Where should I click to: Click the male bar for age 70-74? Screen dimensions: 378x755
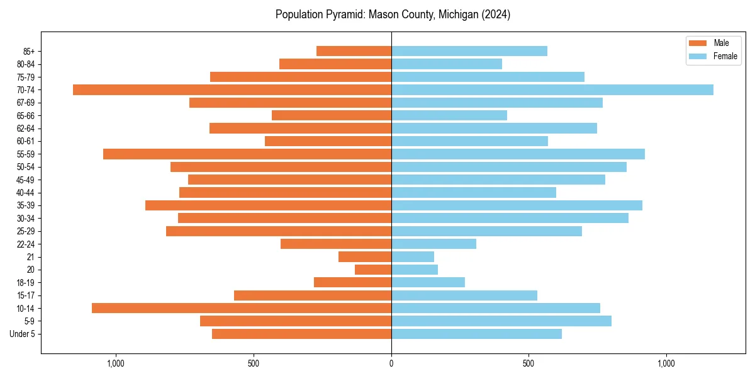tap(232, 89)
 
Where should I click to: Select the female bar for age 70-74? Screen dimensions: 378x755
tap(552, 89)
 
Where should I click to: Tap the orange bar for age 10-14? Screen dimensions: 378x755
tap(242, 308)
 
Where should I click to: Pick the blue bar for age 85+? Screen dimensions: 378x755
tap(469, 51)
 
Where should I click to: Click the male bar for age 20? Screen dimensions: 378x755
tap(373, 270)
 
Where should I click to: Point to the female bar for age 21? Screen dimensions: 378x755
tap(413, 256)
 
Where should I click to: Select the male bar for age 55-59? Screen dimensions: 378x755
tap(247, 154)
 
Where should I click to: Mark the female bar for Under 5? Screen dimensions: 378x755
tap(476, 334)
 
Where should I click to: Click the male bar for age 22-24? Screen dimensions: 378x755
tap(336, 244)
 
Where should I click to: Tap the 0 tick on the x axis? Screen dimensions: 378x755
tap(391, 364)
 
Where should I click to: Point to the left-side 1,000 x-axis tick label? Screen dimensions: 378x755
tap(116, 364)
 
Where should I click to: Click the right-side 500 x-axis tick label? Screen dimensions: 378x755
tap(528, 364)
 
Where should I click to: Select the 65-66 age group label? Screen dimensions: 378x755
tap(26, 115)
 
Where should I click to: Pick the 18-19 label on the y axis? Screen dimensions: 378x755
tap(26, 282)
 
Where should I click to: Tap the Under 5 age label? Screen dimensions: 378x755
tap(23, 334)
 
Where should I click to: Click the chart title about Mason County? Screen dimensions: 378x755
tap(393, 14)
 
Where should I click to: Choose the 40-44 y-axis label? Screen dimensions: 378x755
tap(26, 192)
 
